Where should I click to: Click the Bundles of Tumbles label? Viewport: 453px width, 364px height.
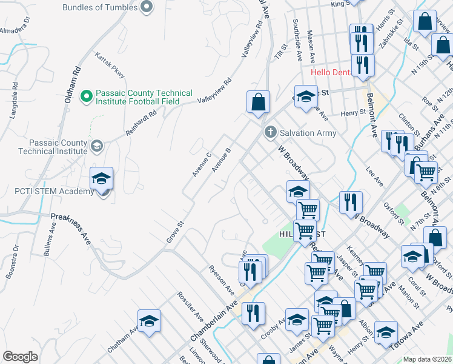100,7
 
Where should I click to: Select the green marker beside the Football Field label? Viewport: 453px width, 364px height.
86,96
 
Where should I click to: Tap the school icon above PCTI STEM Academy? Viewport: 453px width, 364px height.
101,178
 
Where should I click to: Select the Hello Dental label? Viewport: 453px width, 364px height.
331,72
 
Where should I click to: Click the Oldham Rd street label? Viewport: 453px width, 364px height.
71,84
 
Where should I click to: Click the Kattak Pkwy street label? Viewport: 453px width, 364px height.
110,65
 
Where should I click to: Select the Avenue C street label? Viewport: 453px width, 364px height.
201,164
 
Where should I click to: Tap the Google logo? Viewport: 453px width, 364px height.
20,357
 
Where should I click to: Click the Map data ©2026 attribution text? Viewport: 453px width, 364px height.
427,359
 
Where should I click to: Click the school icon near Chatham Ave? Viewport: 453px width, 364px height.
149,321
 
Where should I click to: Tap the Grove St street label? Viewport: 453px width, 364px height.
174,232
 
